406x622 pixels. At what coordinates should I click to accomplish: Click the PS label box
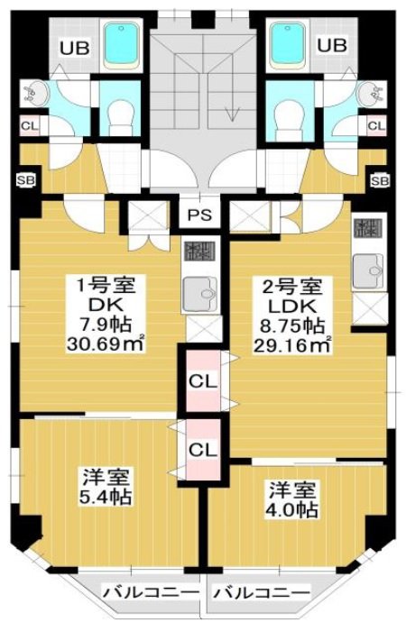(199, 215)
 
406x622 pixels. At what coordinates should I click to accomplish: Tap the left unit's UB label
(74, 48)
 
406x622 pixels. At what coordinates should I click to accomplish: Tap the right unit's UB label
(332, 45)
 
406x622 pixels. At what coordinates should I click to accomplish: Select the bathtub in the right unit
(287, 44)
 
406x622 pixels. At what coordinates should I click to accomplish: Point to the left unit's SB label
(26, 181)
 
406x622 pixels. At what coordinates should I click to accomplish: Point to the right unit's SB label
(380, 181)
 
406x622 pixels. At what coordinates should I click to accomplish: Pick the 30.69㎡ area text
(106, 343)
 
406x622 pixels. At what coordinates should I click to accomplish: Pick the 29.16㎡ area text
(292, 345)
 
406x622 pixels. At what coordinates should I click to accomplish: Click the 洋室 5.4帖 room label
(106, 487)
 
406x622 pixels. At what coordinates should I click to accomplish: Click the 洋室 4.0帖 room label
(292, 499)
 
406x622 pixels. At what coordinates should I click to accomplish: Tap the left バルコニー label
(151, 592)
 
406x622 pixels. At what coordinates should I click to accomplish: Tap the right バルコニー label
(261, 593)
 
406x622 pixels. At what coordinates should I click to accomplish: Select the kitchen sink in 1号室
(200, 294)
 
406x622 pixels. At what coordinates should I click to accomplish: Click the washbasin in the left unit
(35, 94)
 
